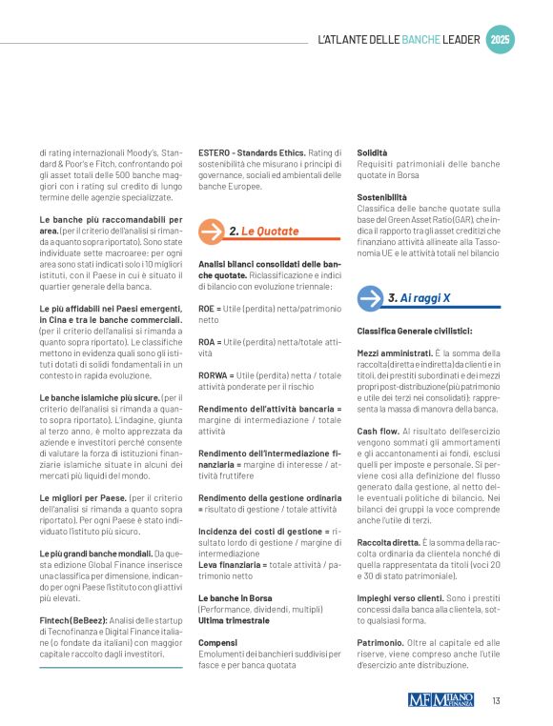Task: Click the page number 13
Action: [x=497, y=701]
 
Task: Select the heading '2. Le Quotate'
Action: [x=258, y=232]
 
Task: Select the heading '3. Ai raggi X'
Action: [x=419, y=298]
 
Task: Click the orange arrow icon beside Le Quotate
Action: [x=212, y=232]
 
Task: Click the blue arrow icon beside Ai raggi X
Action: [x=370, y=298]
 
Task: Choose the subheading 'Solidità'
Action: [x=372, y=152]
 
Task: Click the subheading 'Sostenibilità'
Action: [x=381, y=196]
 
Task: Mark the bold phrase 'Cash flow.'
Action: [x=378, y=431]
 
